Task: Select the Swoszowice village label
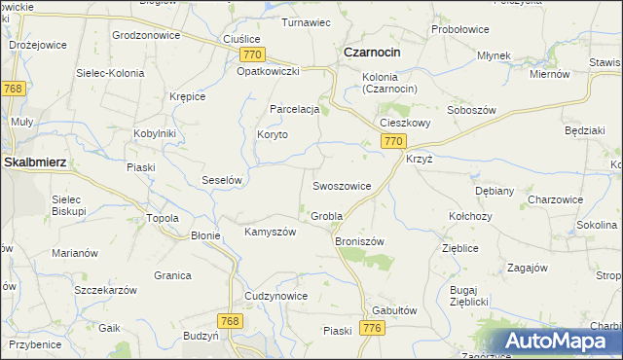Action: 341,185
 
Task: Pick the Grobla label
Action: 326,215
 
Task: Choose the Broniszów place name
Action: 359,240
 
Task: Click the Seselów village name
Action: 221,180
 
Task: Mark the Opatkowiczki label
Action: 267,71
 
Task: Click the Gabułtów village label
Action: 394,309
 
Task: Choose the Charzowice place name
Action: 555,199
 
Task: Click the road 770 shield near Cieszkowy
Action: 391,141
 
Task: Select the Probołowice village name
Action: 459,29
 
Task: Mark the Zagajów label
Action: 528,268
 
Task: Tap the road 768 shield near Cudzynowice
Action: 230,320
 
